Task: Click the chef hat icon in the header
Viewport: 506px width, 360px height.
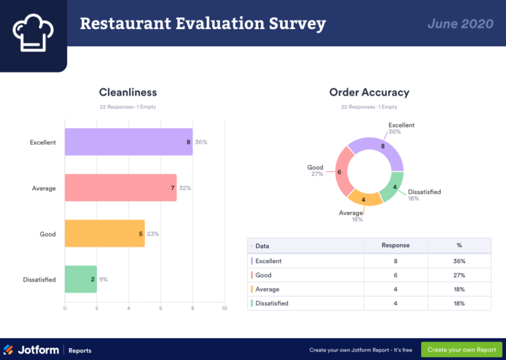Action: pos(33,33)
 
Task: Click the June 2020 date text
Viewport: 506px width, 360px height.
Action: pos(460,24)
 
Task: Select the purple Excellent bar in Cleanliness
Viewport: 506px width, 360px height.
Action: pos(128,142)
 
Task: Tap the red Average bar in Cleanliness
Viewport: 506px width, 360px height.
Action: pos(121,188)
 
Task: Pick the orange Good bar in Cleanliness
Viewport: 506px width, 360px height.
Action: pos(104,233)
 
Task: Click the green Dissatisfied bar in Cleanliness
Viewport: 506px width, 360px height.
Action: pos(80,280)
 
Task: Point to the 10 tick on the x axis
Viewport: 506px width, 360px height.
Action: pos(224,309)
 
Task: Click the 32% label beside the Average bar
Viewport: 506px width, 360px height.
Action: pos(185,188)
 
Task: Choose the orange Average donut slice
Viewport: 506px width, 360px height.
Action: pos(364,197)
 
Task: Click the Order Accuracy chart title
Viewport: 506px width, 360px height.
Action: pos(369,92)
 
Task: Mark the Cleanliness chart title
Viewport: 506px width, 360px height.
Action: pos(128,92)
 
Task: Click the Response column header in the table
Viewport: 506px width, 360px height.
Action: pos(395,245)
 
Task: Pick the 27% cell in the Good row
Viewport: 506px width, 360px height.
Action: pos(459,275)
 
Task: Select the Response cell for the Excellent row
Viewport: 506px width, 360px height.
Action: pos(395,261)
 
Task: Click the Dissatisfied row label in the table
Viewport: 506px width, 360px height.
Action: pos(271,303)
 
